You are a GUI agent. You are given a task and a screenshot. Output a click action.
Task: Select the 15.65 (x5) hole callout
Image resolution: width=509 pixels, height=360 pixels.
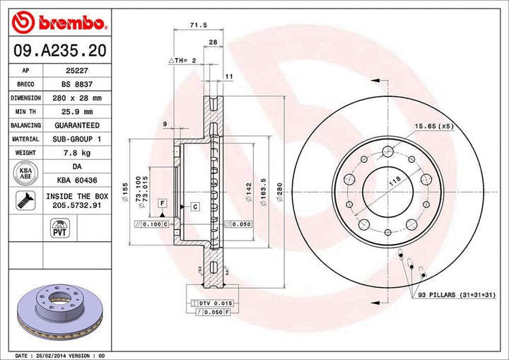[x=434, y=126]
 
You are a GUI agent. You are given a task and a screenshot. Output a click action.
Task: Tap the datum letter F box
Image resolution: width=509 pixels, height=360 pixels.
[x=163, y=203]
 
